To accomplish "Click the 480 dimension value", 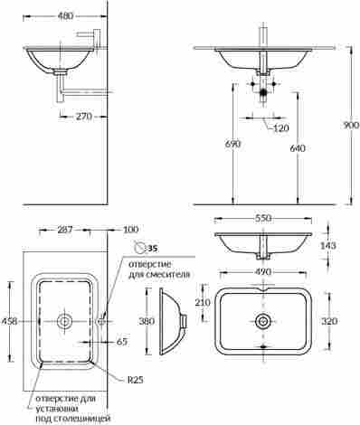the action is point(65,16).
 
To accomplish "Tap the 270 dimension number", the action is point(83,117).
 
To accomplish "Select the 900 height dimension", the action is point(352,125).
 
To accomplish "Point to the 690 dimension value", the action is point(233,144).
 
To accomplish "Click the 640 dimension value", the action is point(298,148).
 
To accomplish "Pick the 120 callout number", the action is point(281,128).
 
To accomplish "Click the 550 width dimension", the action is point(263,218).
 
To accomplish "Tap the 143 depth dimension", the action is point(327,246).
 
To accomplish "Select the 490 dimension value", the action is point(263,272).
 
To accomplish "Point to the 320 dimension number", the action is point(329,321).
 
